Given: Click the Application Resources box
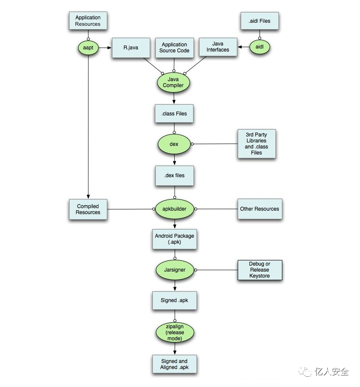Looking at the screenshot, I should tap(88, 21).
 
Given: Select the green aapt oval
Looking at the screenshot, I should tap(88, 47).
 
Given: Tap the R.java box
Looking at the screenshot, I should tap(130, 48).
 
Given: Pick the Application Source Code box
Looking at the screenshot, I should tap(174, 48).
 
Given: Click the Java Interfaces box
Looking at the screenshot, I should tap(218, 47).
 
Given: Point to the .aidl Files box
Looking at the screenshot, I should tap(259, 21).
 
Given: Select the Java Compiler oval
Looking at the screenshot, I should tap(173, 82).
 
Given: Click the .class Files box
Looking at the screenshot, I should tap(174, 114).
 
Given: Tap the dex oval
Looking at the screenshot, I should tap(174, 144).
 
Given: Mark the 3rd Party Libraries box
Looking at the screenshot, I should tap(256, 143).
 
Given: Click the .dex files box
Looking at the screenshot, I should tap(174, 175).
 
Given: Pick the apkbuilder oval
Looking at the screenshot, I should tap(174, 209).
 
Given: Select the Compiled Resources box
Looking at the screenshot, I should tap(88, 209).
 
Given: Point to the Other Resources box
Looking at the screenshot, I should tap(260, 209).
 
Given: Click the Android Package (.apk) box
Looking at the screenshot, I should tap(175, 239).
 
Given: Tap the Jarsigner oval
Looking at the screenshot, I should tap(174, 270).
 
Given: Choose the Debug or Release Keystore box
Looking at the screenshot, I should tap(260, 270).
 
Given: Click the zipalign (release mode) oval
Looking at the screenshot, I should tap(174, 333).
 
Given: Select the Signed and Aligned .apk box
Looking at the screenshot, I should tap(174, 364).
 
